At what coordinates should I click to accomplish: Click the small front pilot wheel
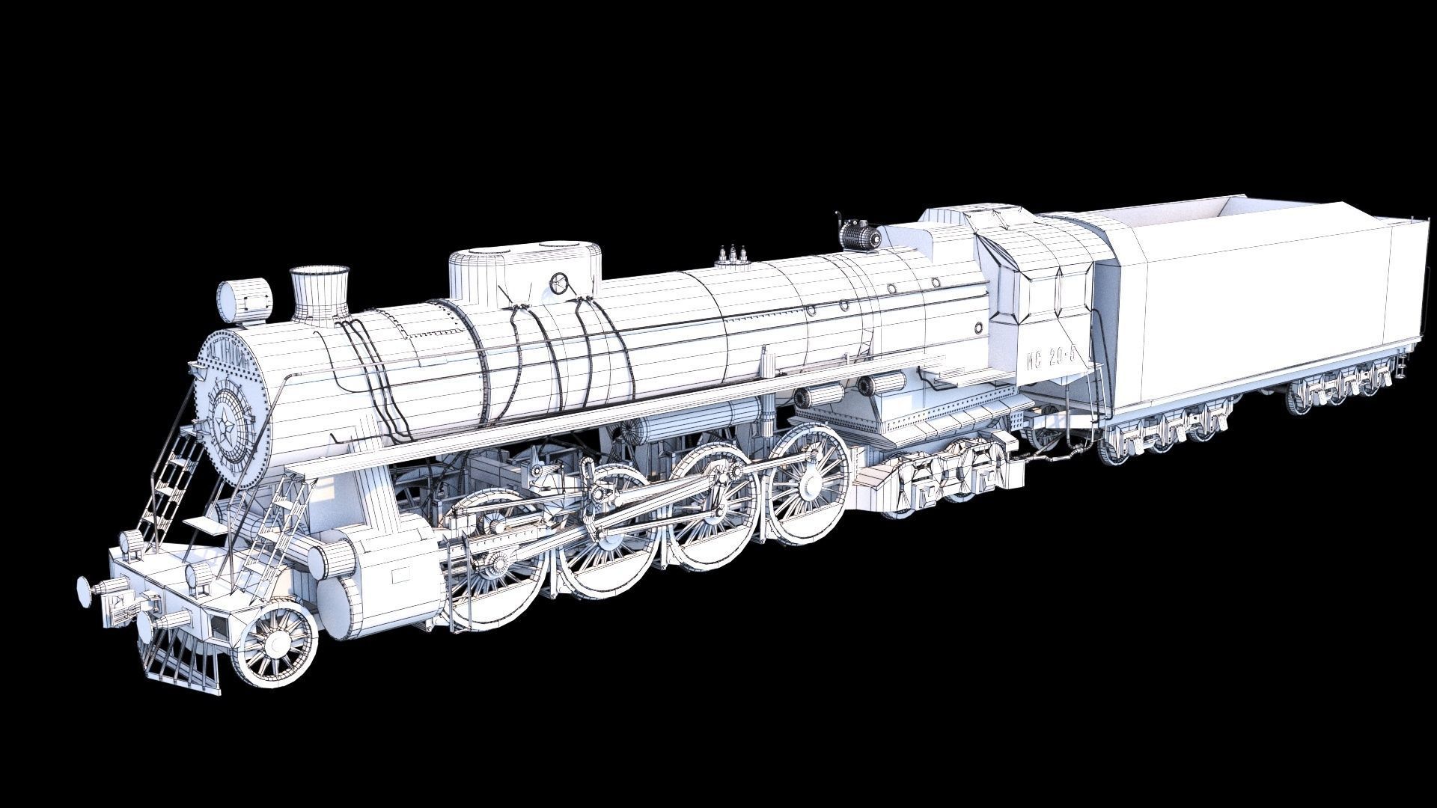275,643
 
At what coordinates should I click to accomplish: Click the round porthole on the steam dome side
558,283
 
